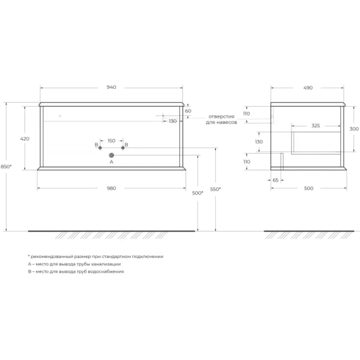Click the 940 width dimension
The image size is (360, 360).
click(112, 87)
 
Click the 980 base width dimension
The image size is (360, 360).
click(112, 188)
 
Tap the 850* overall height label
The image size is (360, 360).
click(6, 166)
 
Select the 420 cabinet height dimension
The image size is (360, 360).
click(25, 139)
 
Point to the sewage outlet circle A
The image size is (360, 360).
click(112, 155)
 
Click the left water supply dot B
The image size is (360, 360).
click(100, 148)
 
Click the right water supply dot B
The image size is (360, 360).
click(123, 148)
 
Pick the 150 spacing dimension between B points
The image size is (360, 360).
click(112, 141)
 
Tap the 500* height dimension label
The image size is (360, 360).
click(197, 193)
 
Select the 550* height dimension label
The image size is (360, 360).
click(215, 189)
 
